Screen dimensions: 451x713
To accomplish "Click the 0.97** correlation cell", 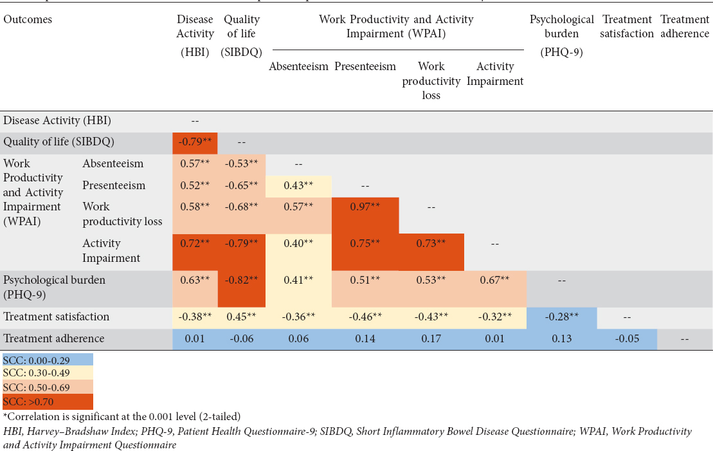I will pyautogui.click(x=365, y=207).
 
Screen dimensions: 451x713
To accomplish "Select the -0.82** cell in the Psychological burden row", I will pyautogui.click(x=240, y=280).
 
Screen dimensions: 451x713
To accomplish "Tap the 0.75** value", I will pyautogui.click(x=365, y=243).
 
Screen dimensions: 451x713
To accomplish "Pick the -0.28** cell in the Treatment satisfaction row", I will pyautogui.click(x=561, y=317).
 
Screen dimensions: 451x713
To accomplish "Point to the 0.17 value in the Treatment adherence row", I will pyautogui.click(x=431, y=338).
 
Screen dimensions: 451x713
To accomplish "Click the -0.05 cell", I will pyautogui.click(x=626, y=338).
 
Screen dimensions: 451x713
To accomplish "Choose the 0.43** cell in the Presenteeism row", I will pyautogui.click(x=299, y=185).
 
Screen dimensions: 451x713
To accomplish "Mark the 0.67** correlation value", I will pyautogui.click(x=495, y=280).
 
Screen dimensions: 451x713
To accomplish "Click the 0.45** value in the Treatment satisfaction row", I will pyautogui.click(x=240, y=317).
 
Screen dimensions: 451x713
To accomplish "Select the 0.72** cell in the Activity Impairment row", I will pyautogui.click(x=195, y=243).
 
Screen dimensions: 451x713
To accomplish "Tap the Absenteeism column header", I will pyautogui.click(x=299, y=66).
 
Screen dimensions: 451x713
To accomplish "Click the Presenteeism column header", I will pyautogui.click(x=365, y=66).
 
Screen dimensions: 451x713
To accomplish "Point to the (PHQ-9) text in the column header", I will pyautogui.click(x=561, y=53).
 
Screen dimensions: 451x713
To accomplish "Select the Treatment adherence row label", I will pyautogui.click(x=54, y=338).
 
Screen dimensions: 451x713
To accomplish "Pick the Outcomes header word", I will pyautogui.click(x=28, y=19).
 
